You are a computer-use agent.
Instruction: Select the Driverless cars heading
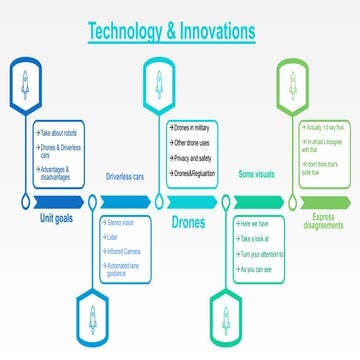pos(126,177)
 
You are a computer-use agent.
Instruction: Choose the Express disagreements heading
pos(322,220)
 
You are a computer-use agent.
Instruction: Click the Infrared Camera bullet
pos(126,250)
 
